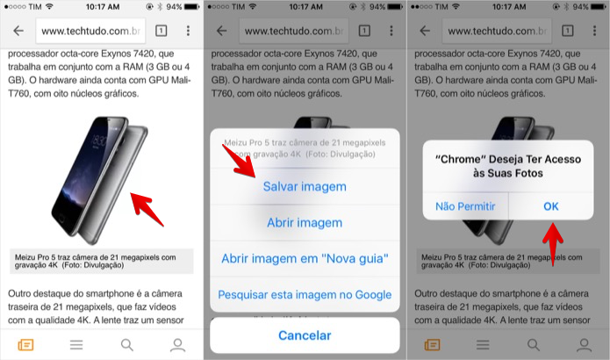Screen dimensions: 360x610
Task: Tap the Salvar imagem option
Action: coord(305,186)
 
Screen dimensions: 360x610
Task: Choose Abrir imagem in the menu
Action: coord(305,223)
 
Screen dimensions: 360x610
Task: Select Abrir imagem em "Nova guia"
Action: coord(305,258)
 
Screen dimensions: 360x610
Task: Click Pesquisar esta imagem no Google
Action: coord(305,294)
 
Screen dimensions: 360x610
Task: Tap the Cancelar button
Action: coord(305,335)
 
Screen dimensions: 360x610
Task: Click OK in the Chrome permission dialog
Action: coord(550,206)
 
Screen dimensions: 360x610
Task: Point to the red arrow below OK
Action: coord(552,241)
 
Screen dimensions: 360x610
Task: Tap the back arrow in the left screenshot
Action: coord(18,31)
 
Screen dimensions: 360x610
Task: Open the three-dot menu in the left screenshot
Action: coord(188,31)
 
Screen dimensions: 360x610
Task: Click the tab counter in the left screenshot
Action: coord(161,31)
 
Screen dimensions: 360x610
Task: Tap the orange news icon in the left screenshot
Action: coord(25,344)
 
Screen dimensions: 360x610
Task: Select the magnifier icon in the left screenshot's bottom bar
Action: coord(127,344)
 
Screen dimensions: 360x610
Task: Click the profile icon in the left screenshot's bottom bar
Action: coord(178,344)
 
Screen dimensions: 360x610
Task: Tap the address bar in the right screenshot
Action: coord(491,31)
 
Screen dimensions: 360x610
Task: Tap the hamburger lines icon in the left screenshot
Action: coord(76,344)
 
